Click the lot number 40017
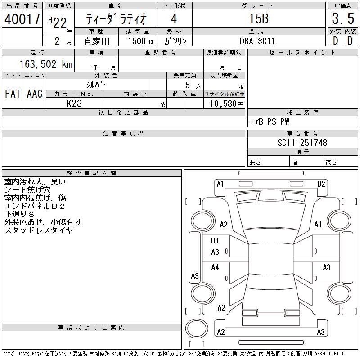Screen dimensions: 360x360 click(x=22, y=19)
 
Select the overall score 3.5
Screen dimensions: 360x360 click(x=342, y=19)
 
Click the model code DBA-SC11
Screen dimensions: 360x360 click(x=258, y=41)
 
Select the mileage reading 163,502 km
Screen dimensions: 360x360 click(x=45, y=64)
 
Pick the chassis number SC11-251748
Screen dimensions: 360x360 click(x=302, y=143)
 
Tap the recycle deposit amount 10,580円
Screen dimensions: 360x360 click(x=224, y=103)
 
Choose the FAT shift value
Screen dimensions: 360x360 click(x=13, y=94)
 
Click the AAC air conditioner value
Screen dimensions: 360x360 click(x=35, y=94)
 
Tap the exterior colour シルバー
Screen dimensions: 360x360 click(x=97, y=85)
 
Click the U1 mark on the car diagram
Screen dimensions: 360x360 click(x=215, y=241)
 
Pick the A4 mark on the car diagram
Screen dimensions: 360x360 click(x=215, y=267)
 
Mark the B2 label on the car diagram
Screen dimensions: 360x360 click(x=321, y=184)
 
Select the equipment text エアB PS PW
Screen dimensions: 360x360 click(x=270, y=121)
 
